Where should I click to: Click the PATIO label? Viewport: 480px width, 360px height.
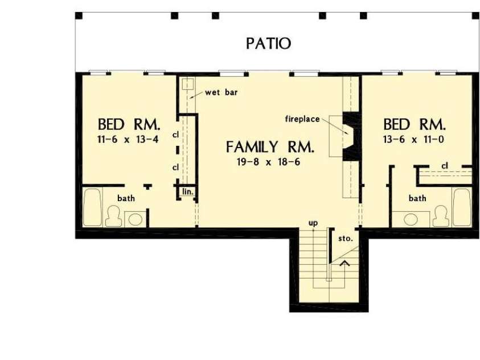[x=269, y=43]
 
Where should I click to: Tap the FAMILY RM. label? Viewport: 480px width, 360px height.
[x=270, y=148]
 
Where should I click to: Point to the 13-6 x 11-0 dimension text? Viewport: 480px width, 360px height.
[x=413, y=138]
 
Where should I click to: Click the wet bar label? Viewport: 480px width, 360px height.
[x=218, y=93]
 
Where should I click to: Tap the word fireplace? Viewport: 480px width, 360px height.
[x=303, y=118]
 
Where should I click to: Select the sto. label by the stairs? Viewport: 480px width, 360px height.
[x=346, y=238]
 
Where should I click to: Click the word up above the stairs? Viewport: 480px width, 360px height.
[x=313, y=223]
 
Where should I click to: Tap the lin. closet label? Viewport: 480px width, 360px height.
[x=188, y=192]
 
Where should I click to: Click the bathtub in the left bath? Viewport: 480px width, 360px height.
[x=92, y=208]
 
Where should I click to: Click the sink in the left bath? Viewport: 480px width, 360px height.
[x=135, y=219]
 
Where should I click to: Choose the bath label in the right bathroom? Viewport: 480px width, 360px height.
[x=417, y=198]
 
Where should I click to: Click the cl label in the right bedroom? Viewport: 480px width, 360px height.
[x=445, y=166]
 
